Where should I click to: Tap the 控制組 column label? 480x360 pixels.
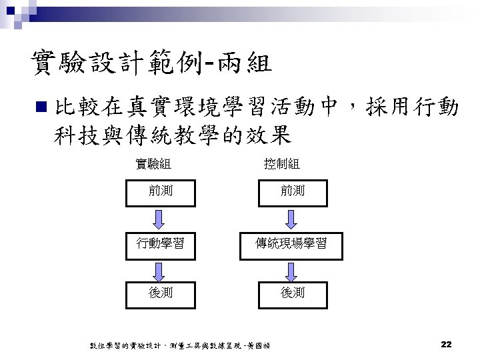click(281, 163)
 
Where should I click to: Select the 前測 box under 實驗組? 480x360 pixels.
click(160, 191)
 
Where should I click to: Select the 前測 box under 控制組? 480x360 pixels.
click(292, 191)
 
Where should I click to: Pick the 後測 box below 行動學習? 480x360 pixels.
click(160, 292)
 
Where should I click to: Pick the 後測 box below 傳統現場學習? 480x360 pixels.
click(292, 292)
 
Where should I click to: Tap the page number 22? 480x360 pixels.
click(447, 344)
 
